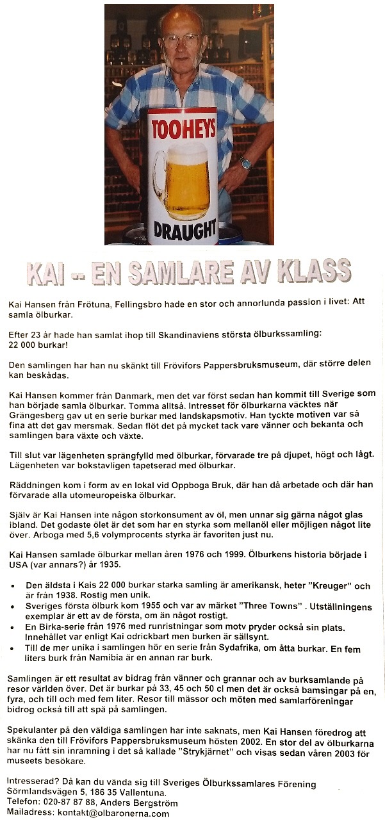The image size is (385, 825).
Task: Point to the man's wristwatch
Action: [x=246, y=163]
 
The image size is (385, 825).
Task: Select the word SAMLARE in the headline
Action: [x=204, y=272]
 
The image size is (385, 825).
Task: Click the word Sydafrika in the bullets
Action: [x=227, y=648]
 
